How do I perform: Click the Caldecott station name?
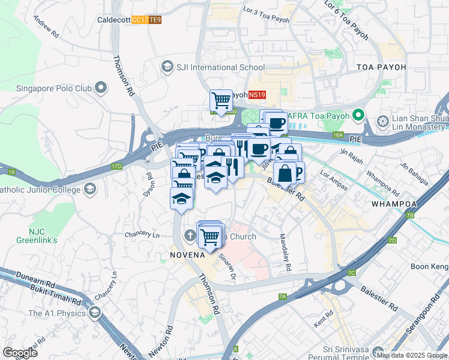click(113, 20)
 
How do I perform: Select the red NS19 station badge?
click(257, 95)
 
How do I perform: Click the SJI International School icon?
click(167, 67)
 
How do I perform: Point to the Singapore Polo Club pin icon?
click(100, 88)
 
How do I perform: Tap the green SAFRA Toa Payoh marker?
click(358, 113)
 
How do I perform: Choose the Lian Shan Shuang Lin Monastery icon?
click(381, 122)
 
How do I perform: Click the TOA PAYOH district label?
click(381, 67)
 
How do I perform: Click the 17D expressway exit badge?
click(116, 166)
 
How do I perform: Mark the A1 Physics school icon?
click(94, 312)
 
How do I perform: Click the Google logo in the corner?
click(20, 352)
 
